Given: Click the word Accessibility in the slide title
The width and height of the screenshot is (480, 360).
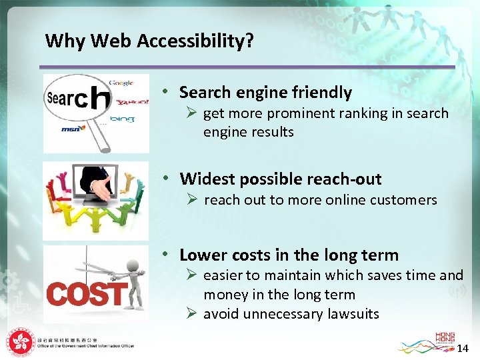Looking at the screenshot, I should tap(195, 41).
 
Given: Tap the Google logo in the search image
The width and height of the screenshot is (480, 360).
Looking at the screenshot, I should tap(121, 83).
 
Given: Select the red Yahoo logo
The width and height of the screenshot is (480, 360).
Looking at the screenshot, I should tap(131, 103).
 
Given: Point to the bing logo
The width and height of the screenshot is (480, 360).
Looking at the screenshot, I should tap(123, 119).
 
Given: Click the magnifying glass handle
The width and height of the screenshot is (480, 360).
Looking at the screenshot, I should tap(102, 137).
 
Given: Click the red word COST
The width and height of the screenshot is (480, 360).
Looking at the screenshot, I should tap(87, 294).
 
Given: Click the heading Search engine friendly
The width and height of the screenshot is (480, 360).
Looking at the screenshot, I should tap(265, 92).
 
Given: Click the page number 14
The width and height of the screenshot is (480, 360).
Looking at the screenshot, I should tap(463, 348).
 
